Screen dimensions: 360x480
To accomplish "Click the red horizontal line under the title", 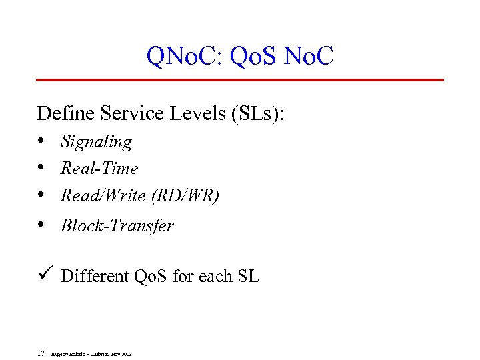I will [x=240, y=80].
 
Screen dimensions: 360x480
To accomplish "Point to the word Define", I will [x=66, y=113].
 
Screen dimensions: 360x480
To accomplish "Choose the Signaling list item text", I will [x=96, y=142].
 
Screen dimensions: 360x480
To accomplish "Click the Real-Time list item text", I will [x=99, y=169].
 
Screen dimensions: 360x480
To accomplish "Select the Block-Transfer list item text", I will [x=117, y=226].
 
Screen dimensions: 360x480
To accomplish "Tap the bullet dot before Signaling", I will [x=41, y=141].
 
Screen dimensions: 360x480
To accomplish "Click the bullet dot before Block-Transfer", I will [x=41, y=225].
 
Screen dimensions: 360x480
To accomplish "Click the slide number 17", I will [x=41, y=353].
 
